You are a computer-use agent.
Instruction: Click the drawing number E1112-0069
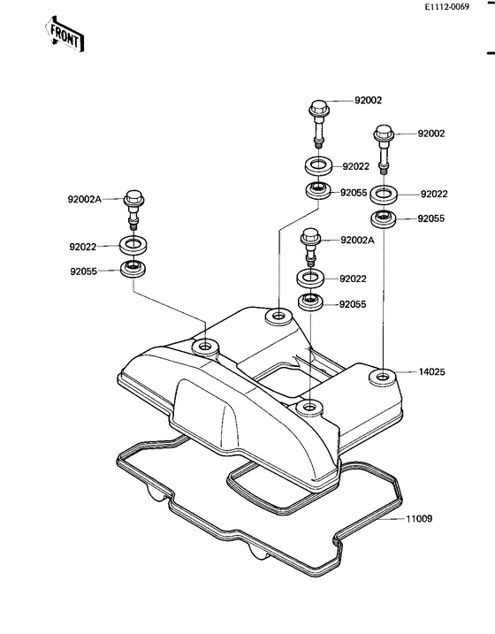(446, 7)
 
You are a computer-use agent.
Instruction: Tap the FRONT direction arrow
(65, 34)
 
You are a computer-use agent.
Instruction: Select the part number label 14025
(431, 371)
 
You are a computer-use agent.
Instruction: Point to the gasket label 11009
(419, 518)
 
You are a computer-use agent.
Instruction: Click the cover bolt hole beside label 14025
(382, 378)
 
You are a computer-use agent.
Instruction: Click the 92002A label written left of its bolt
(85, 199)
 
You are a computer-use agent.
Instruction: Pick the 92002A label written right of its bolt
(358, 241)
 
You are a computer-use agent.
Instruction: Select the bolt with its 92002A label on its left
(133, 210)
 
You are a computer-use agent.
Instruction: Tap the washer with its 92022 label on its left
(133, 246)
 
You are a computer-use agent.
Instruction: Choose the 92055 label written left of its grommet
(84, 271)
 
